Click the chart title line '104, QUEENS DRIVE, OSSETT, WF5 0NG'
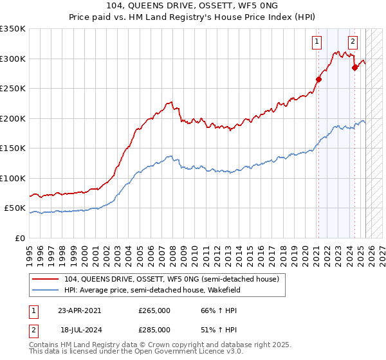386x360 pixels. coord(193,7)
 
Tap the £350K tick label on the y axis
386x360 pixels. coord(13,29)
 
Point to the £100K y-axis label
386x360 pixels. coord(13,178)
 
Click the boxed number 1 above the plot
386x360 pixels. coord(317,42)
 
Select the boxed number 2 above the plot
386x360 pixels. coord(353,42)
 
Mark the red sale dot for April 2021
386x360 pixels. coord(318,80)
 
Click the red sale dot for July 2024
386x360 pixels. coord(354,67)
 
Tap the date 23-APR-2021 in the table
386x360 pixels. coord(79,310)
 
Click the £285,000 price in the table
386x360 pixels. coord(154,329)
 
